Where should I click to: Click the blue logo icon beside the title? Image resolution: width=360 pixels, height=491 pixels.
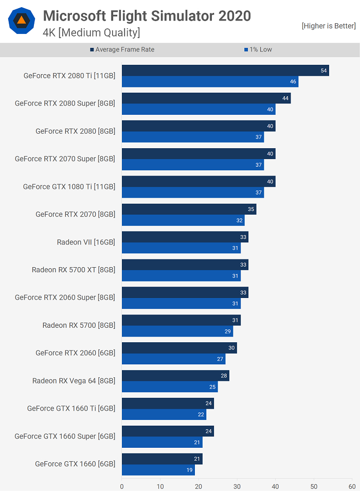coord(22,21)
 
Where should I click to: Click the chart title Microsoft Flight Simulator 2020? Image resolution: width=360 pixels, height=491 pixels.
coord(147,16)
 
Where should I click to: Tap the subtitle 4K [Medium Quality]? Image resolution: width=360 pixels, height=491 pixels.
coord(91,33)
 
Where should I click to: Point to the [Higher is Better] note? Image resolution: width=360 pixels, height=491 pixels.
coord(328,26)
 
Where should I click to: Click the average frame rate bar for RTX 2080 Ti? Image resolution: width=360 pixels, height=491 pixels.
coord(225,71)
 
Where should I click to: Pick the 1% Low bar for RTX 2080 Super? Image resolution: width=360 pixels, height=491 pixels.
coord(199,109)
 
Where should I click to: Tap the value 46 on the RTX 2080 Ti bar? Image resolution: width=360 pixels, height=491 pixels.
coord(293,82)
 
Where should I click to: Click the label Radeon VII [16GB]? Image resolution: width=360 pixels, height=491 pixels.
coord(86,242)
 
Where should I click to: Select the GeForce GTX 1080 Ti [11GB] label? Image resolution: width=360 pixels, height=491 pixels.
coord(69,186)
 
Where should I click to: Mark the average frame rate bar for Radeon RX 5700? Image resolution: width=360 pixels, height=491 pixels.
coord(181,320)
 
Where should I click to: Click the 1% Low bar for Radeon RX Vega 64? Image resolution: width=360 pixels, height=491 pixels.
coord(170,387)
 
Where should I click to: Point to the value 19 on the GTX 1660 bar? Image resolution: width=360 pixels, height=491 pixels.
coord(189,470)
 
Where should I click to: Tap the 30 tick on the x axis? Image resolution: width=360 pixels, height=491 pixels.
coord(237,486)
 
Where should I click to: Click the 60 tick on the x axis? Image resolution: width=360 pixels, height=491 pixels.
coord(352,486)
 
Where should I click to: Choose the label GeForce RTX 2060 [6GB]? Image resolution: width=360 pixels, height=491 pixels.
coord(75,353)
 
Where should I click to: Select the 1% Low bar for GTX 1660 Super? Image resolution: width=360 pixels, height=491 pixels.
coord(162,442)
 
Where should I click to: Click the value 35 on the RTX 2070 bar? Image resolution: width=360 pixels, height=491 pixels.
coord(251,209)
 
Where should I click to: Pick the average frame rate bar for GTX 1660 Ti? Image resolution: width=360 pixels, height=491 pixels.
coord(168,404)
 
